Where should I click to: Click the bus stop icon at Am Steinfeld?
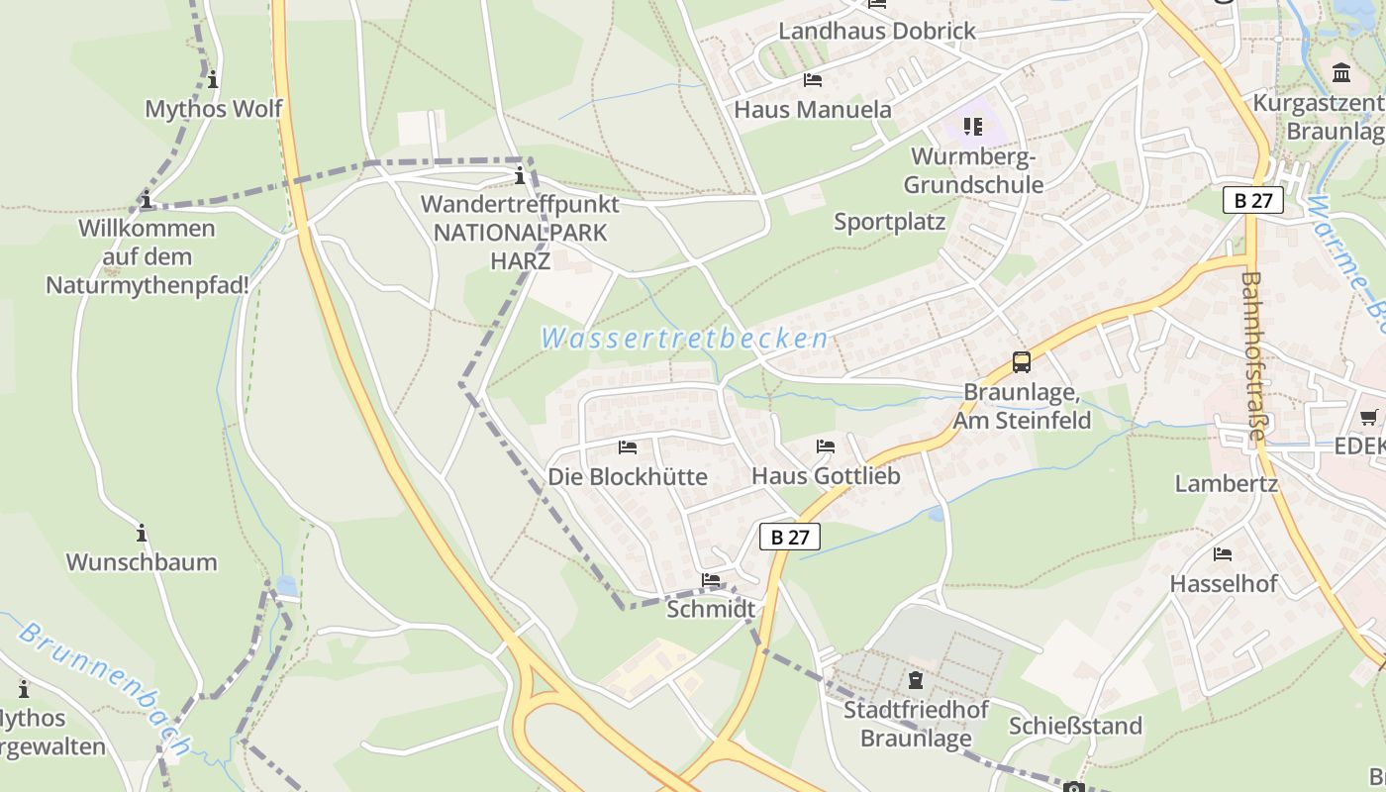click(1021, 362)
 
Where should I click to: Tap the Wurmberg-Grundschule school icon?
click(973, 126)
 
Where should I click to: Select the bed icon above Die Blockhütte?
click(627, 447)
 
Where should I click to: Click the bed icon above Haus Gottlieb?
click(825, 446)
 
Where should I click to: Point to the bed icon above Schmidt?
click(710, 580)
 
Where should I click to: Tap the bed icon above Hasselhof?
click(1223, 554)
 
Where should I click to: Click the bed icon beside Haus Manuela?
click(813, 80)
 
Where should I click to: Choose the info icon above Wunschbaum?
click(142, 534)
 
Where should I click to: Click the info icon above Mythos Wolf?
click(212, 79)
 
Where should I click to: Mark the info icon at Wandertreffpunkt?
click(520, 176)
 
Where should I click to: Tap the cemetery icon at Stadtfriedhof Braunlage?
click(916, 681)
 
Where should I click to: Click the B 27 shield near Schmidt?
click(790, 537)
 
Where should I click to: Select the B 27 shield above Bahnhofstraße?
click(1252, 200)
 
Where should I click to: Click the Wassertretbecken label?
click(684, 339)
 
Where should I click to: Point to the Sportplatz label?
click(889, 222)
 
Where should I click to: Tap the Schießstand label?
click(1075, 726)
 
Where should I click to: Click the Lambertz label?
click(1226, 484)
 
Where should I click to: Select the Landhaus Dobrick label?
click(877, 31)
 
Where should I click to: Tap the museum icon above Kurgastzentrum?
click(1341, 72)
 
